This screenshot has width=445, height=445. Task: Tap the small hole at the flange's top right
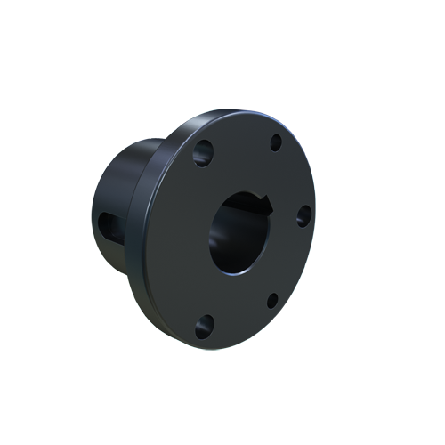click(275, 143)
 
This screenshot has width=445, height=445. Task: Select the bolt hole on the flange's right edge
click(302, 214)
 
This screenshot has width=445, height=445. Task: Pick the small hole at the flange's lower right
click(272, 300)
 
